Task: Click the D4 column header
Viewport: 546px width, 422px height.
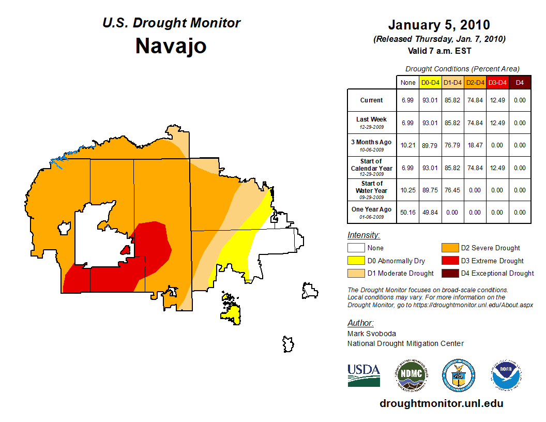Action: pyautogui.click(x=520, y=82)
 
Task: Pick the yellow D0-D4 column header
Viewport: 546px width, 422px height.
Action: pyautogui.click(x=430, y=82)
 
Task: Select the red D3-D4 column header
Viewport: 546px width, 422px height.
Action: pyautogui.click(x=497, y=82)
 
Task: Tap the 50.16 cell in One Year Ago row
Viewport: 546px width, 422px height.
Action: pyautogui.click(x=407, y=212)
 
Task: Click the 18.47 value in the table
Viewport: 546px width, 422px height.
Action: pyautogui.click(x=475, y=145)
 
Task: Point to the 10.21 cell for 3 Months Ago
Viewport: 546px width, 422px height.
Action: pyautogui.click(x=407, y=145)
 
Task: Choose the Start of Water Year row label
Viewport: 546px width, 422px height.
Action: pyautogui.click(x=372, y=190)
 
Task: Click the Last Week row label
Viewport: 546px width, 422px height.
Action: pyautogui.click(x=372, y=123)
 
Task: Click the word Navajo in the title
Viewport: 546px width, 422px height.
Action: pyautogui.click(x=171, y=46)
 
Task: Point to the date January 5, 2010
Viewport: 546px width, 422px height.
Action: pyautogui.click(x=439, y=25)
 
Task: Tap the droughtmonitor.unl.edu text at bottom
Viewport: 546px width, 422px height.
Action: pyautogui.click(x=441, y=403)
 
